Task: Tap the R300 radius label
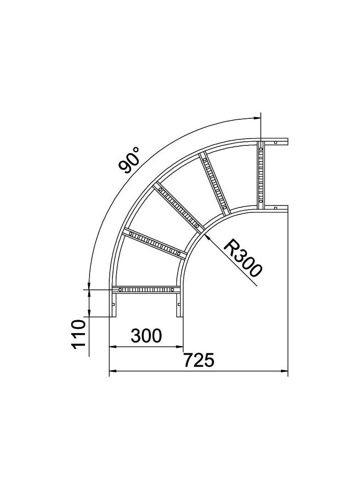point(242,258)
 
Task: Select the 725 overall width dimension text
point(199,360)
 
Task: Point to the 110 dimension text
point(79,333)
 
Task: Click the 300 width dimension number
point(146,336)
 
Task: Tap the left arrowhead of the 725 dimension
point(112,371)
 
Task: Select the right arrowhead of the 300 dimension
point(179,346)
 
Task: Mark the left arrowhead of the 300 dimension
point(112,346)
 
